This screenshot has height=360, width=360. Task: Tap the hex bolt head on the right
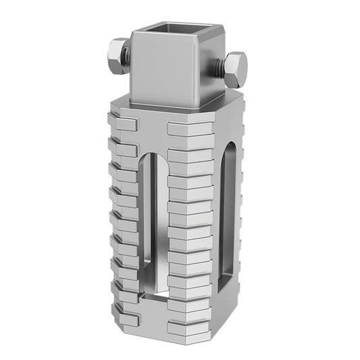click(235, 69)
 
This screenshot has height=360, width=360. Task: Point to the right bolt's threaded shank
click(220, 66)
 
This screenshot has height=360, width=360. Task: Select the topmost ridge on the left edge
click(122, 124)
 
